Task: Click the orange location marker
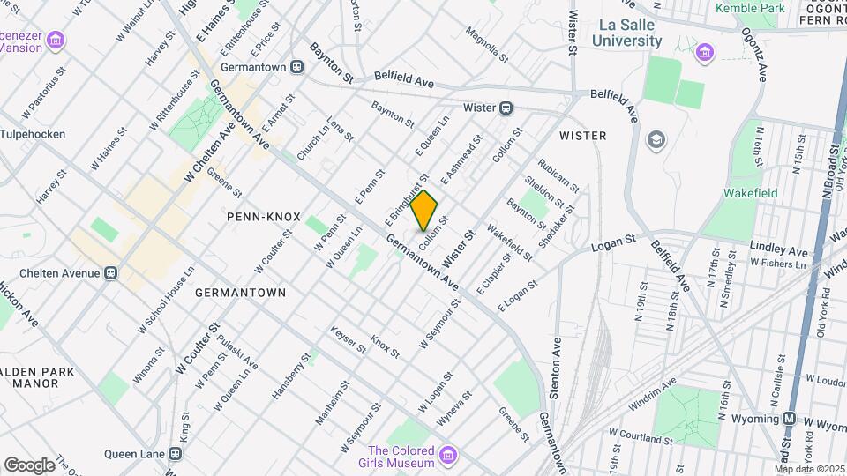(x=424, y=210)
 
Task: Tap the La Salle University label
(x=626, y=33)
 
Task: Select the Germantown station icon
(x=297, y=66)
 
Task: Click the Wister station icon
(x=506, y=108)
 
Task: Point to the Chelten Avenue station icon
(x=111, y=272)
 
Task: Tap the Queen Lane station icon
(x=176, y=454)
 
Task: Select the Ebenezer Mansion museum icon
(x=56, y=41)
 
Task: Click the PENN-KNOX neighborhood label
(x=263, y=216)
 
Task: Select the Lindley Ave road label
(x=778, y=247)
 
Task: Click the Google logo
(x=29, y=465)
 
